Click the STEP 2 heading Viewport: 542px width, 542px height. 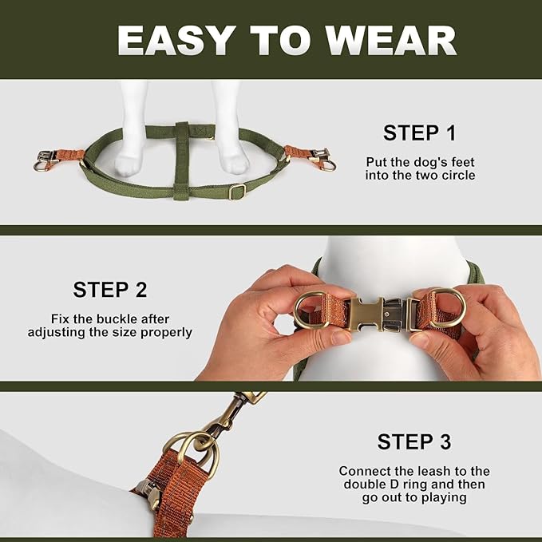click(110, 289)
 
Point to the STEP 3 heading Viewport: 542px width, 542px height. click(413, 441)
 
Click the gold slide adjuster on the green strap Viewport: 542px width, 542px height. click(236, 192)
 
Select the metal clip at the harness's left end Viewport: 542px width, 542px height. click(45, 160)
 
